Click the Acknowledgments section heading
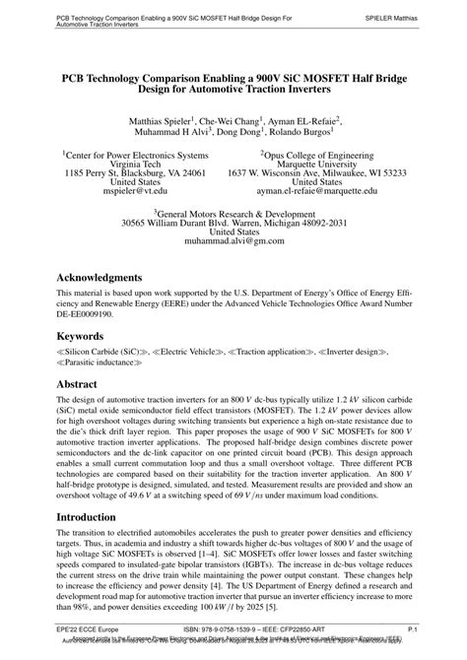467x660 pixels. [114, 278]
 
